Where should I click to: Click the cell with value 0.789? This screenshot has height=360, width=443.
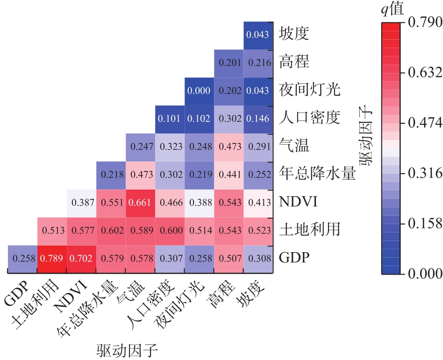click(52, 258)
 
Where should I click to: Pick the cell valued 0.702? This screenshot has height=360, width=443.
click(81, 258)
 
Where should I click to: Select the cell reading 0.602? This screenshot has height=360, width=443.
click(111, 230)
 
